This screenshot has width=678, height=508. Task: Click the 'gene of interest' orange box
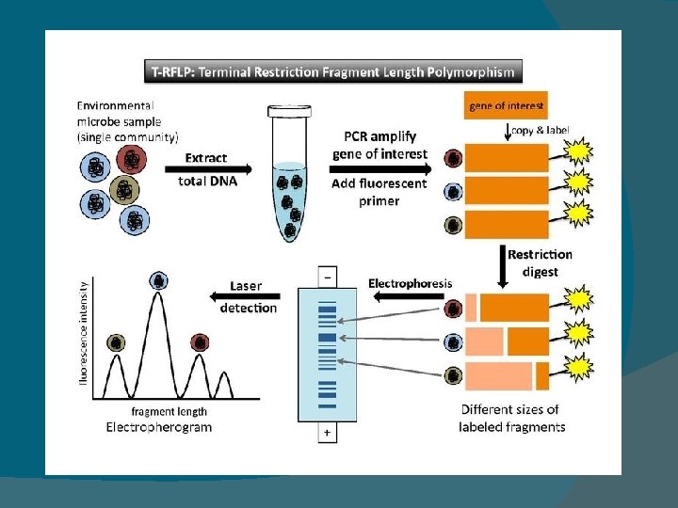coord(507,106)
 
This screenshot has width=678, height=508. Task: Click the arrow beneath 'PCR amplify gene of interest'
coord(380,168)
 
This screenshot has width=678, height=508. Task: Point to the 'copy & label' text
coord(541,130)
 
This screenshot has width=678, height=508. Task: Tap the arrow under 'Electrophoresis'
coord(409,297)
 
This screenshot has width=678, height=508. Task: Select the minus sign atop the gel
coord(328,278)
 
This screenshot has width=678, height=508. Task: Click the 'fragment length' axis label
coord(169,411)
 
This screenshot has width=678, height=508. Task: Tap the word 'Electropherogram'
coord(158,427)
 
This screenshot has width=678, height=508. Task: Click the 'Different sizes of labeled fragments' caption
coord(511,418)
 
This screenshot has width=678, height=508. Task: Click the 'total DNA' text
coord(207,182)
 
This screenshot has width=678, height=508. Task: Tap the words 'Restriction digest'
coord(540,263)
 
